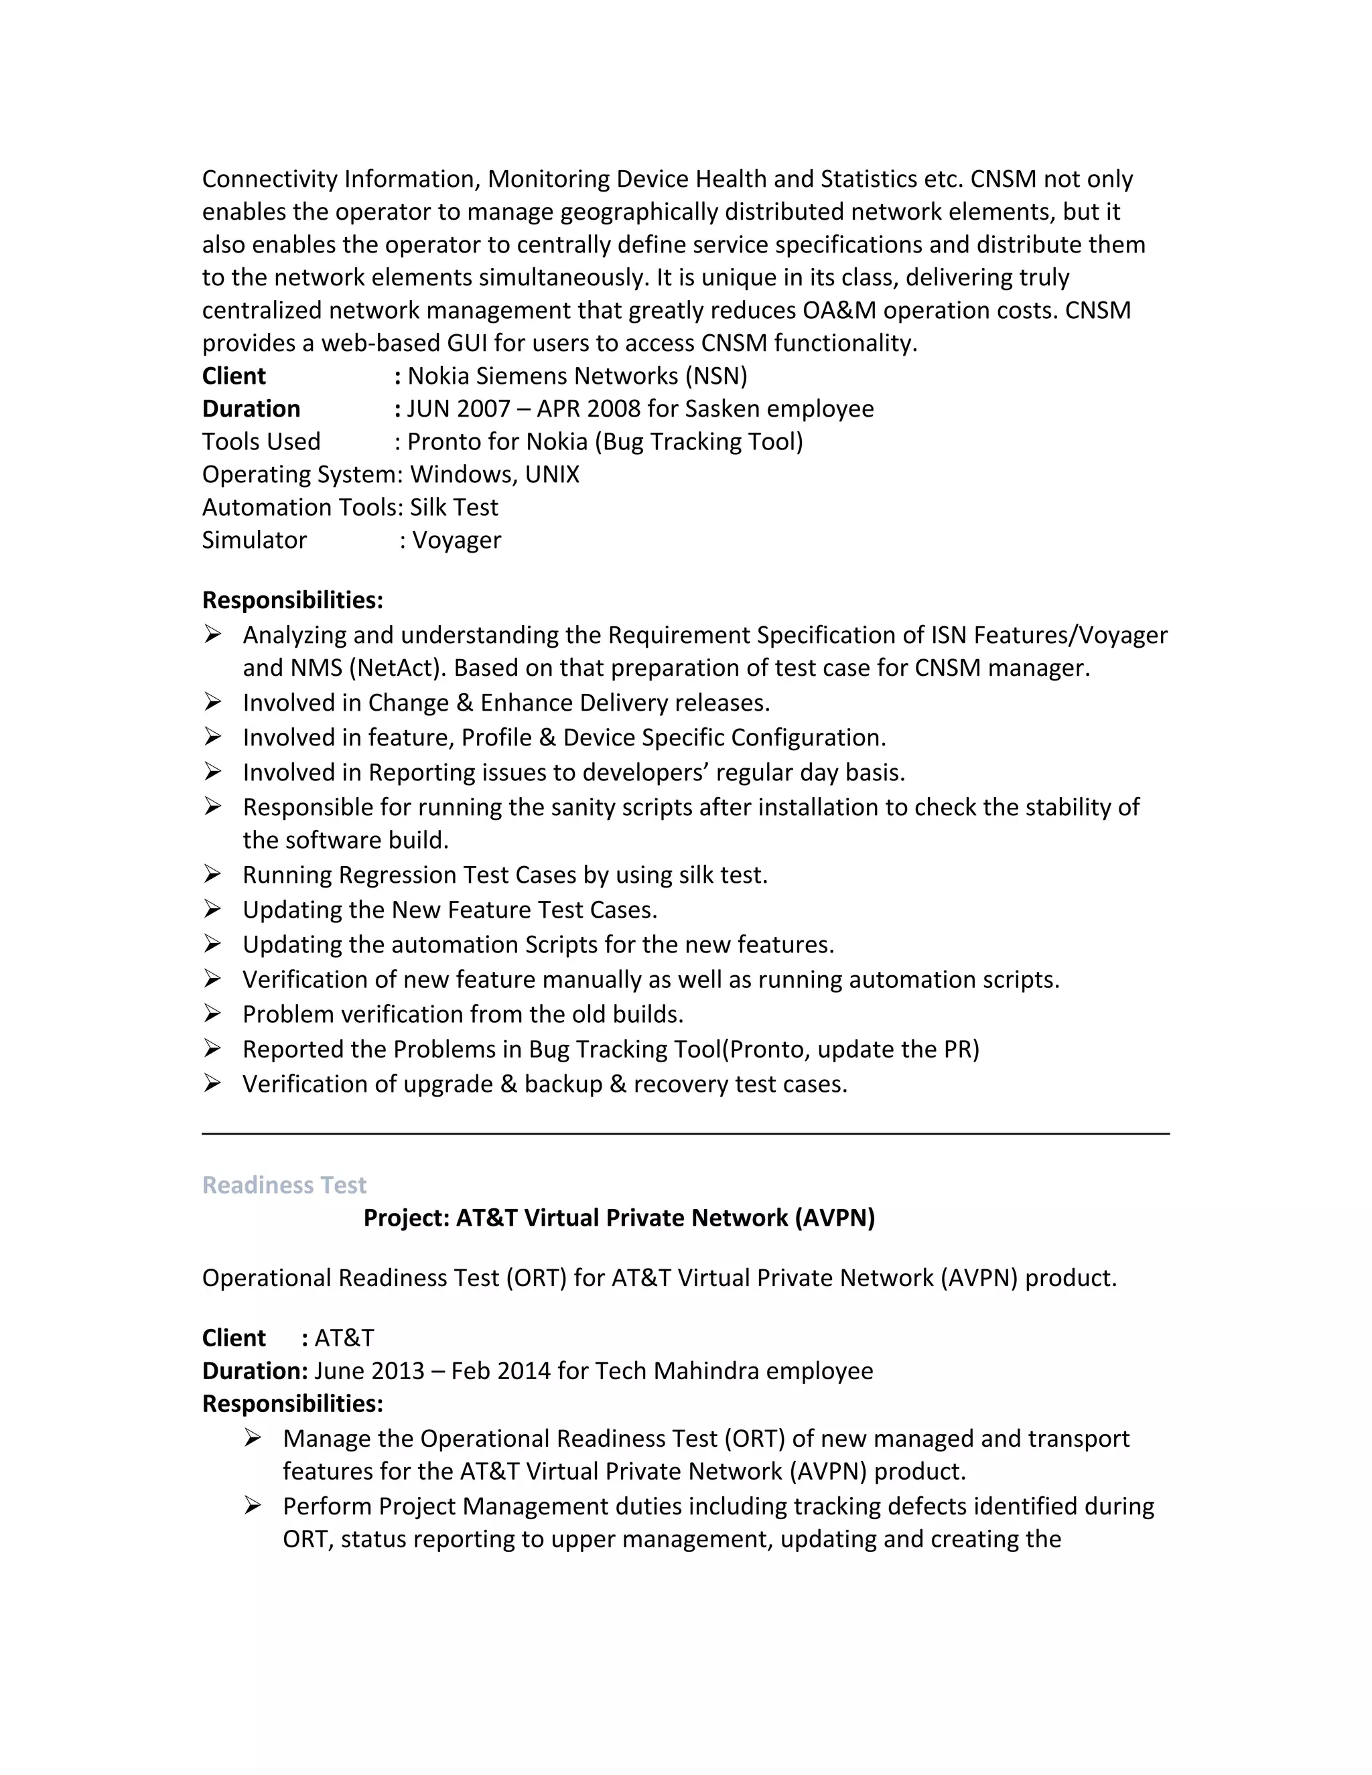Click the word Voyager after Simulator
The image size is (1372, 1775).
[x=457, y=540]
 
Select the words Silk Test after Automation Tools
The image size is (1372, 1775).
[x=454, y=507]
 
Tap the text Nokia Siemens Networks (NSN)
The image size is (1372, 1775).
[x=577, y=376]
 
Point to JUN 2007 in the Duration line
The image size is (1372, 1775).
[x=458, y=408]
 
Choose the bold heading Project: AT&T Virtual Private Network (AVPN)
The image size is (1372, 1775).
[x=618, y=1218]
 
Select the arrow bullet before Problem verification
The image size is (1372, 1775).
[x=212, y=1013]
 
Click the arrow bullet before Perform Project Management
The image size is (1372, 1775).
[x=253, y=1506]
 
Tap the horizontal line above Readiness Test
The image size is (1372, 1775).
[x=685, y=1133]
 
